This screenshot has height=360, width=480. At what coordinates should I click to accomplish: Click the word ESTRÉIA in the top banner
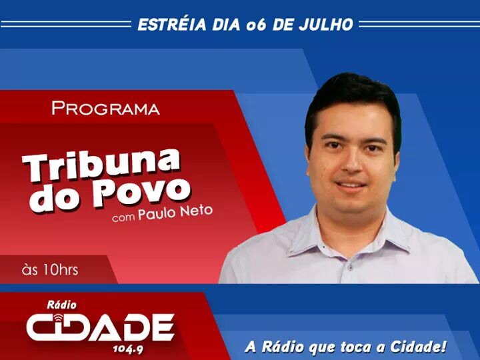click(172, 25)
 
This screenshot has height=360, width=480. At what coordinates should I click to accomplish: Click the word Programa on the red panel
click(105, 108)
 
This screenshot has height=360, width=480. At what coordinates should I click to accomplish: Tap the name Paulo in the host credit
click(157, 213)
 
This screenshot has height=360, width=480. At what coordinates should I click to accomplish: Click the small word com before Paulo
click(123, 217)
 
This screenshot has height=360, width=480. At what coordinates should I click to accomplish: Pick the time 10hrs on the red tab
click(60, 270)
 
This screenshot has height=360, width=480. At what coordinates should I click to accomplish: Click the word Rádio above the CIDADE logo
click(62, 305)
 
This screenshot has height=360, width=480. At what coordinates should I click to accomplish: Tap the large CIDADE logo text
click(101, 327)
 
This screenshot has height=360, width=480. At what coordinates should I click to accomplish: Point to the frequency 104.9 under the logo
click(128, 349)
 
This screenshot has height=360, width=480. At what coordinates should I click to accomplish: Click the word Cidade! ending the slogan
click(418, 346)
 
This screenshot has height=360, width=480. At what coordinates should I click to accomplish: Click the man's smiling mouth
click(351, 185)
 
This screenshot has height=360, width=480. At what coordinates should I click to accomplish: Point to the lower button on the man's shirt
click(351, 268)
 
